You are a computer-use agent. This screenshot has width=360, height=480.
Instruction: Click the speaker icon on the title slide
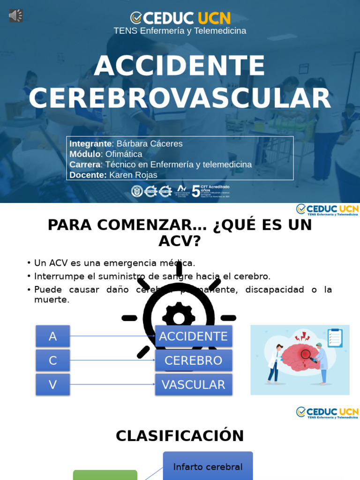[x=15, y=15]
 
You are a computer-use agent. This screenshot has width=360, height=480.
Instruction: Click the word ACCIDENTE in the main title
[x=180, y=66]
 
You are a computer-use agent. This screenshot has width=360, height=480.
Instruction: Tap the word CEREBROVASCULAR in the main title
[x=180, y=98]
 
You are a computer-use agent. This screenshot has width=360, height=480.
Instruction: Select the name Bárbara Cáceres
[x=150, y=144]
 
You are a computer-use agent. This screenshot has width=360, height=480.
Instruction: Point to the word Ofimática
[x=124, y=154]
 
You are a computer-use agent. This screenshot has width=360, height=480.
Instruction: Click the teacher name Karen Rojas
[x=133, y=175]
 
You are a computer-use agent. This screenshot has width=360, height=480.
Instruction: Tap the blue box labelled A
[x=53, y=336]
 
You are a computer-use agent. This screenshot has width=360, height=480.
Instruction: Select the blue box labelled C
[x=53, y=360]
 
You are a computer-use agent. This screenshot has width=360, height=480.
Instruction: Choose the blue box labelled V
[x=53, y=384]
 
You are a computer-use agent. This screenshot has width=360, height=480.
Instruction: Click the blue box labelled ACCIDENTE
[x=193, y=336]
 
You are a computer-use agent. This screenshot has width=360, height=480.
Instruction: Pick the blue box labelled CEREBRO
[x=193, y=360]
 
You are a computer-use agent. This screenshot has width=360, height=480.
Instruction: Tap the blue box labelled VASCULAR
[x=193, y=384]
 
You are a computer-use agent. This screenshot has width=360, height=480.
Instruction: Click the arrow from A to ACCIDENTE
[x=112, y=336]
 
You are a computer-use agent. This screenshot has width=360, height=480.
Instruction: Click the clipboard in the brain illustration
[x=335, y=337]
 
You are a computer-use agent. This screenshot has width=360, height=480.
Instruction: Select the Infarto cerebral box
[x=208, y=467]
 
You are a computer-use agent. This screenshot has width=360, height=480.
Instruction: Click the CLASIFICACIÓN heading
[x=180, y=436]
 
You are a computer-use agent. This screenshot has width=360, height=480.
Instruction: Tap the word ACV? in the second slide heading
[x=180, y=241]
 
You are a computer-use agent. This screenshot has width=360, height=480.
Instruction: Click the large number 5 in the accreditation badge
[x=195, y=191]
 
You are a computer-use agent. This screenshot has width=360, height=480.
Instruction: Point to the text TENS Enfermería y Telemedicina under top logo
[x=180, y=31]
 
